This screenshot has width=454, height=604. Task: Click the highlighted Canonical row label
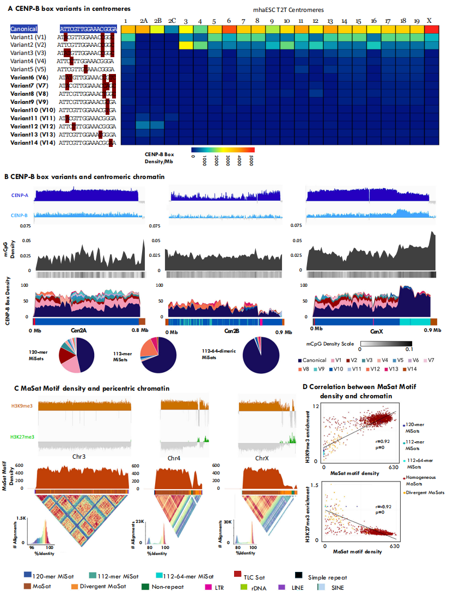pos(24,29)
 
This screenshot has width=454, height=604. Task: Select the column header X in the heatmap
pos(429,20)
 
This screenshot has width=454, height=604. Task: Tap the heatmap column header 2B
pos(157,20)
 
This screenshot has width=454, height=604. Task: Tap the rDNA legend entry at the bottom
pos(257,588)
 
